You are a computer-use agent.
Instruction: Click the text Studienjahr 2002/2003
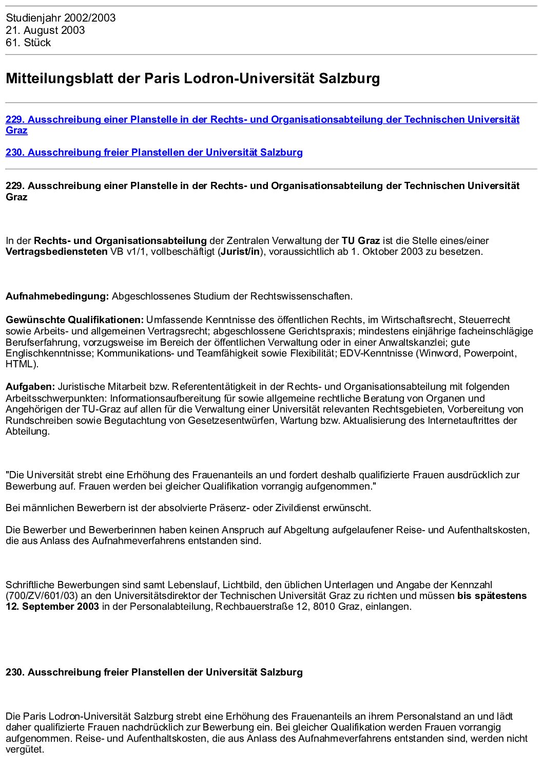[61, 18]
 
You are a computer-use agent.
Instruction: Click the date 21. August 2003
[45, 30]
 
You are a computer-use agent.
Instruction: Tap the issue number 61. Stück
[28, 43]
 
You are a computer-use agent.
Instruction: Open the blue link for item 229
[262, 120]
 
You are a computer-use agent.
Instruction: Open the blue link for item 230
[154, 153]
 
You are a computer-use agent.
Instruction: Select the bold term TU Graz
[361, 240]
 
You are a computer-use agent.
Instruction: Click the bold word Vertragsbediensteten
[56, 252]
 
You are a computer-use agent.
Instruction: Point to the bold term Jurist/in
[240, 252]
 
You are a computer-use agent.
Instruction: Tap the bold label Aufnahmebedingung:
[57, 296]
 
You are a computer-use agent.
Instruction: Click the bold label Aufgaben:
[30, 387]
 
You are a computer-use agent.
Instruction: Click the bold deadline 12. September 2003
[52, 607]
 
